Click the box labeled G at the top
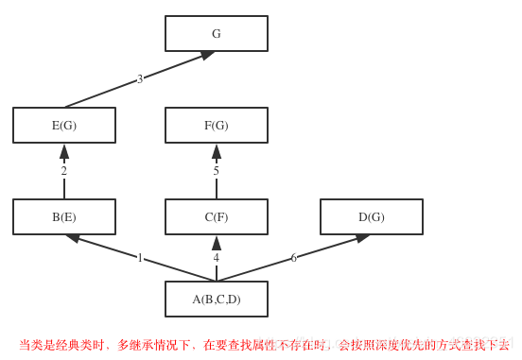pyautogui.click(x=217, y=34)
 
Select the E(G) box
pyautogui.click(x=64, y=126)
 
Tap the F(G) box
pyautogui.click(x=217, y=126)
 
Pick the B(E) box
pyautogui.click(x=64, y=217)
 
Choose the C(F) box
pyautogui.click(x=217, y=217)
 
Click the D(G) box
pyautogui.click(x=372, y=217)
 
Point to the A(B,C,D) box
pyautogui.click(x=217, y=300)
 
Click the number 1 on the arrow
pyautogui.click(x=140, y=258)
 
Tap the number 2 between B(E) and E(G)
pyautogui.click(x=64, y=171)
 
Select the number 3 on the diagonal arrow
pyautogui.click(x=140, y=79)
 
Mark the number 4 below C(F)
pyautogui.click(x=216, y=258)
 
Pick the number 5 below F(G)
pyautogui.click(x=216, y=171)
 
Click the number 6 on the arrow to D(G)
pyautogui.click(x=293, y=258)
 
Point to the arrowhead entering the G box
pyautogui.click(x=207, y=55)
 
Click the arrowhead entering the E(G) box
pyautogui.click(x=64, y=151)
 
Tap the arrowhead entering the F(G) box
pyautogui.click(x=217, y=151)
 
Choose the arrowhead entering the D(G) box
pyautogui.click(x=362, y=238)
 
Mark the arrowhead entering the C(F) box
pyautogui.click(x=217, y=243)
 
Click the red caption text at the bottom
pyautogui.click(x=264, y=346)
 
